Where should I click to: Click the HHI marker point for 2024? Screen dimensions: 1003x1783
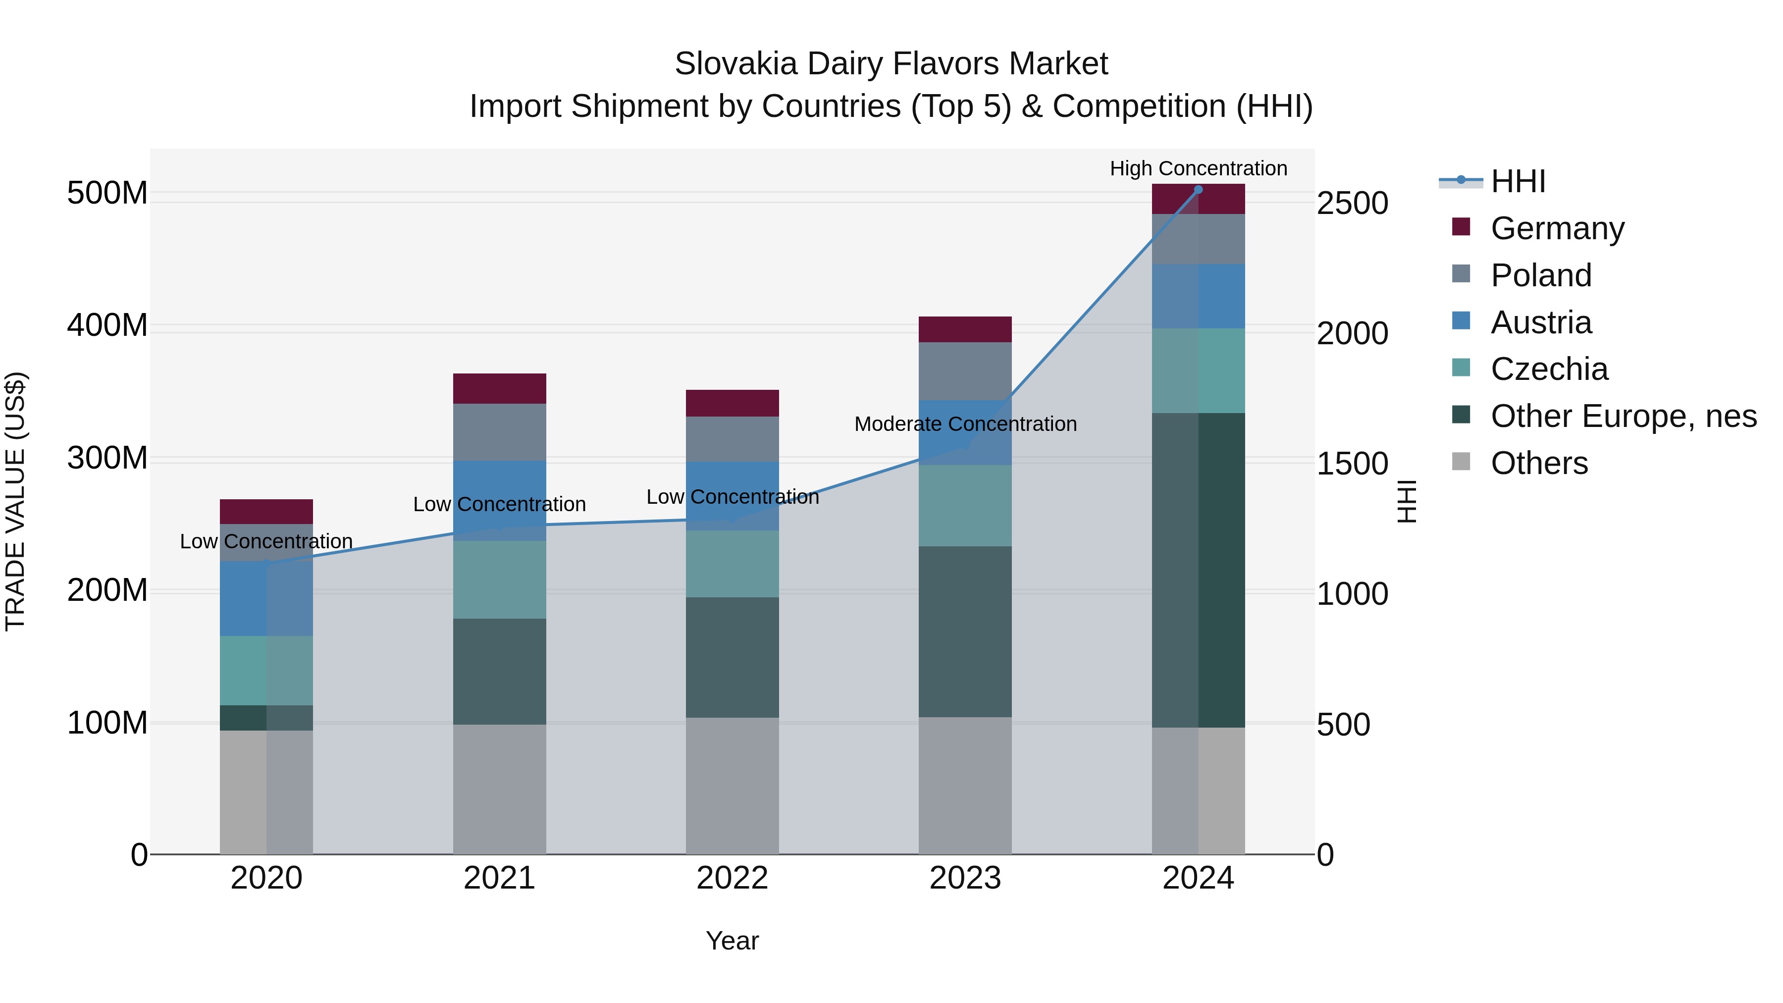pyautogui.click(x=1198, y=189)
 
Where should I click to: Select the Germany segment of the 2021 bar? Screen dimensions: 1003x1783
pyautogui.click(x=499, y=388)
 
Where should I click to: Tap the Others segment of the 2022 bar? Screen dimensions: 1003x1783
pyautogui.click(x=733, y=786)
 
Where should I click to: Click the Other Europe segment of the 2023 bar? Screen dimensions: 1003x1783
pyautogui.click(x=965, y=632)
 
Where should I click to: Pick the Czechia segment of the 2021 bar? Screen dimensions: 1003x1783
pyautogui.click(x=499, y=580)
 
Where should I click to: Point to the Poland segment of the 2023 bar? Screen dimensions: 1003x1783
pyautogui.click(x=965, y=371)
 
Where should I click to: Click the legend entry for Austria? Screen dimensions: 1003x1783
pyautogui.click(x=1541, y=322)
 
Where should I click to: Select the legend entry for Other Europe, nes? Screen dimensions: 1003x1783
pyautogui.click(x=1623, y=416)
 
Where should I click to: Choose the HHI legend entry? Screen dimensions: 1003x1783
pyautogui.click(x=1518, y=181)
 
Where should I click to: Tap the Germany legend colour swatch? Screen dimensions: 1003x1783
pyautogui.click(x=1461, y=227)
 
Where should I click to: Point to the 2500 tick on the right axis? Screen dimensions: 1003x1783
pyautogui.click(x=1352, y=204)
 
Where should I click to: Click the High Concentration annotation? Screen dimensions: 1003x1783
pyautogui.click(x=1198, y=168)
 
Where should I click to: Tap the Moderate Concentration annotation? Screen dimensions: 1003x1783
pyautogui.click(x=965, y=423)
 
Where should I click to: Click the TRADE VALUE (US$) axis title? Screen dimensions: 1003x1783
pyautogui.click(x=15, y=501)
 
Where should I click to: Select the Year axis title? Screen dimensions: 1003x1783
pyautogui.click(x=733, y=941)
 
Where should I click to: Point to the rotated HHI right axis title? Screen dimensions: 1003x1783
pyautogui.click(x=1407, y=501)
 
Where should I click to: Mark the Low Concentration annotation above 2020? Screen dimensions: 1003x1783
pyautogui.click(x=266, y=541)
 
